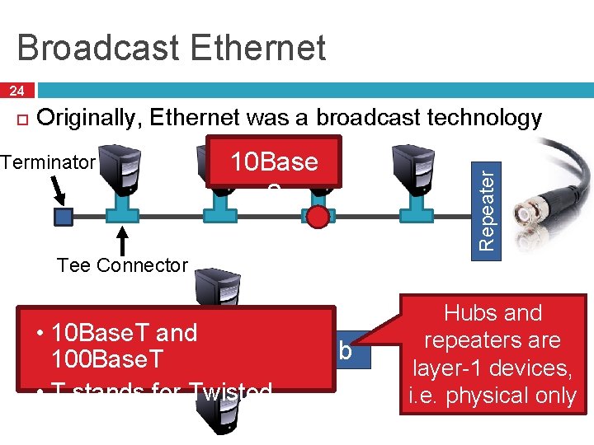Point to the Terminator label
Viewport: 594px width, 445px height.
(x=49, y=162)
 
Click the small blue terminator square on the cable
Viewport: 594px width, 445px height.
(x=64, y=216)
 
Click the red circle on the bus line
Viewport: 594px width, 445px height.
(x=318, y=216)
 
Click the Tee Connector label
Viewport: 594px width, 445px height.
(x=122, y=265)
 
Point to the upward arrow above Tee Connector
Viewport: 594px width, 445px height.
(x=123, y=243)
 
